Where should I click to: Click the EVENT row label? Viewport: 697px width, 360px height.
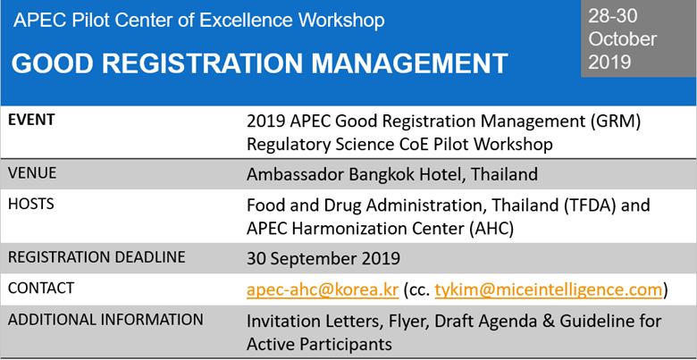(x=31, y=119)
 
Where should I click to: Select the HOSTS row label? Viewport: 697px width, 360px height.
(x=30, y=204)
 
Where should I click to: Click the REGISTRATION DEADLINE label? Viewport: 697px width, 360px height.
(x=97, y=257)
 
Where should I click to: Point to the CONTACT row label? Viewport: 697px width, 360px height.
(x=41, y=289)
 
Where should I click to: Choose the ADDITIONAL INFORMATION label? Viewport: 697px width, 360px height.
(x=105, y=319)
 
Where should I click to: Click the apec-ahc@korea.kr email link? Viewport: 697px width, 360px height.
(x=322, y=289)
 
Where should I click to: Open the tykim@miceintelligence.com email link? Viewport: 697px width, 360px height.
(x=549, y=289)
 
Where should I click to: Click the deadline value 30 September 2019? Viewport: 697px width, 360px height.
(x=323, y=258)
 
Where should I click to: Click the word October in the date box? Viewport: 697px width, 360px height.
(x=623, y=39)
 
